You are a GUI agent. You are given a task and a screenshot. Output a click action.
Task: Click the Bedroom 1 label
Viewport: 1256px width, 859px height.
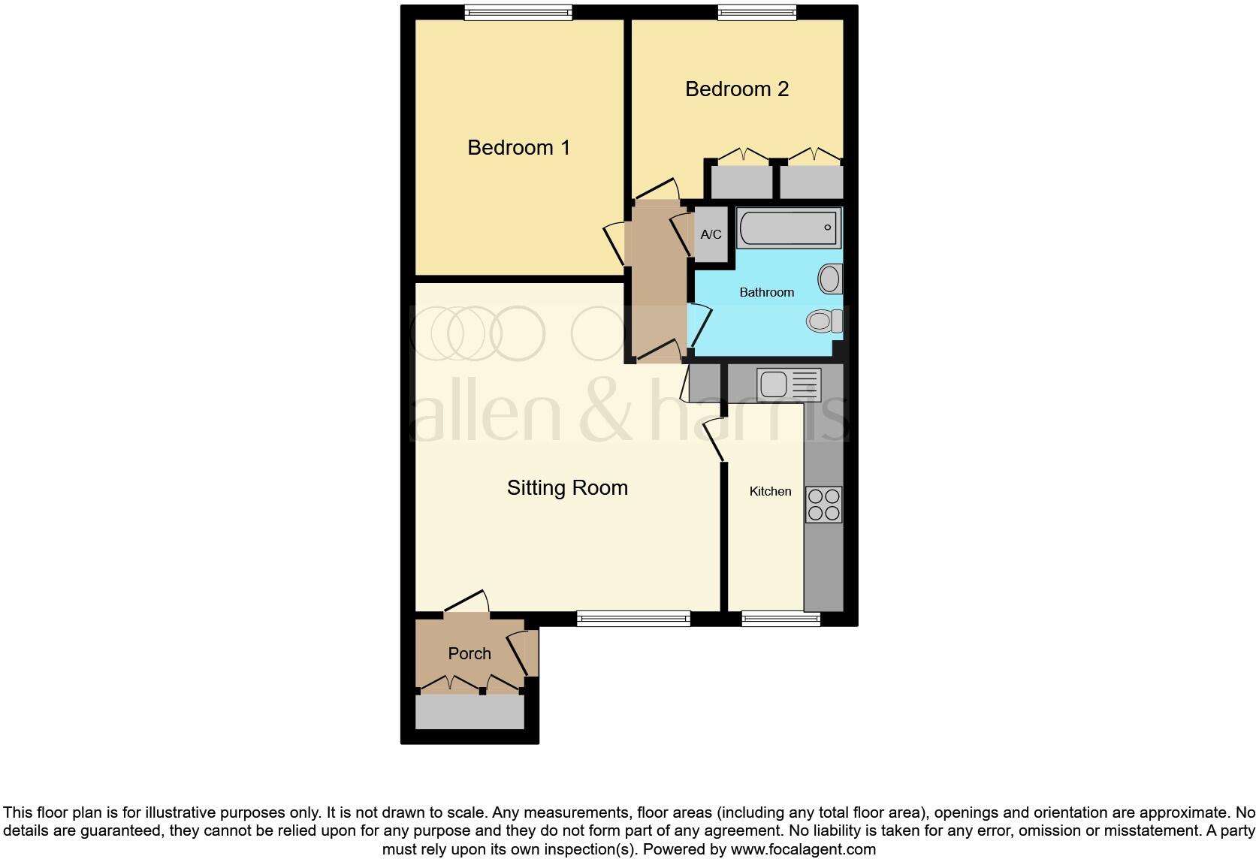pyautogui.click(x=518, y=148)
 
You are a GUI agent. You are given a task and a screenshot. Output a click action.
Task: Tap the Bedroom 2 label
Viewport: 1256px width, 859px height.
pyautogui.click(x=736, y=89)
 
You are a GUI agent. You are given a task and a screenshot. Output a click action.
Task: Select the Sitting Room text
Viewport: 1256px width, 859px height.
pyautogui.click(x=567, y=488)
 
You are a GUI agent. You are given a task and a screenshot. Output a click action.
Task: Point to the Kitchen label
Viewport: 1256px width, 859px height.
pyautogui.click(x=770, y=491)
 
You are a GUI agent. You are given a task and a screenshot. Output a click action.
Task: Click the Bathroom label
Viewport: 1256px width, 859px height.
pyautogui.click(x=766, y=292)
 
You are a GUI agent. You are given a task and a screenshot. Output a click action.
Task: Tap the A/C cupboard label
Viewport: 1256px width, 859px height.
pyautogui.click(x=711, y=234)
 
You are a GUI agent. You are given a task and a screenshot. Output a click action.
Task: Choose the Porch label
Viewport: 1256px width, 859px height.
pyautogui.click(x=469, y=653)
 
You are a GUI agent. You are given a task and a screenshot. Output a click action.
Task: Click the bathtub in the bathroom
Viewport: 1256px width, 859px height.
pyautogui.click(x=788, y=228)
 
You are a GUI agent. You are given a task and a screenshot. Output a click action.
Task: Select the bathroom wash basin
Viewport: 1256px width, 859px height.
pyautogui.click(x=830, y=279)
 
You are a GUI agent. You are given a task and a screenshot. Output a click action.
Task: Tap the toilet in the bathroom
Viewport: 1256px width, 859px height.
pyautogui.click(x=824, y=321)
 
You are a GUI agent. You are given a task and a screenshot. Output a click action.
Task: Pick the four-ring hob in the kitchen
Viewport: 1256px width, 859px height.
pyautogui.click(x=823, y=505)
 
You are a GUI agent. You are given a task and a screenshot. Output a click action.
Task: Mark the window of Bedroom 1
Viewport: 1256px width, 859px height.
pyautogui.click(x=518, y=12)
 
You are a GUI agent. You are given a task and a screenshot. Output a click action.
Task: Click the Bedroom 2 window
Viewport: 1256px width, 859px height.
pyautogui.click(x=756, y=12)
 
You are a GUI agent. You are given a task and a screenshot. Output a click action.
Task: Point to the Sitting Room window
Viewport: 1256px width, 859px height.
pyautogui.click(x=633, y=619)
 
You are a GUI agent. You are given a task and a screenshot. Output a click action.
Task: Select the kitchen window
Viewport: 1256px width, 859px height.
pyautogui.click(x=780, y=619)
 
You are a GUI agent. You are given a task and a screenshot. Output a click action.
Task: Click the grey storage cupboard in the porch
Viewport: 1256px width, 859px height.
pyautogui.click(x=469, y=712)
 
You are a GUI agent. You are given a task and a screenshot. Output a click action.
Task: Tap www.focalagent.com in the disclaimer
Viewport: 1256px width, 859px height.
pyautogui.click(x=802, y=849)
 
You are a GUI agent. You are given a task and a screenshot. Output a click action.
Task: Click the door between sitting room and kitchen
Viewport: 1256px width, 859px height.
pyautogui.click(x=714, y=440)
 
